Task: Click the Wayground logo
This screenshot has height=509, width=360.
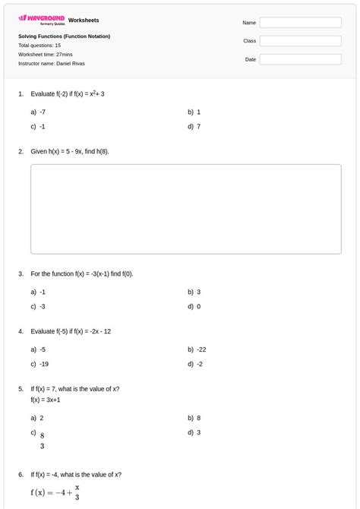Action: [41, 20]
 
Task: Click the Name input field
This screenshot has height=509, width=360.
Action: [300, 23]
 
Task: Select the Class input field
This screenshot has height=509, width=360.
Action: [300, 41]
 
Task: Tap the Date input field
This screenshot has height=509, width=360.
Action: [300, 59]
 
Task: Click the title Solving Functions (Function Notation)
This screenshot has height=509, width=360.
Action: [65, 36]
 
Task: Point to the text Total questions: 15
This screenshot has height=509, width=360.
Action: [39, 46]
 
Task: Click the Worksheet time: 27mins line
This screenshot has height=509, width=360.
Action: [45, 55]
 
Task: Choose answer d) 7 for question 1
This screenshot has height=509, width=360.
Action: [195, 127]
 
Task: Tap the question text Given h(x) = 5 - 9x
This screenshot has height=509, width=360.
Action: [70, 151]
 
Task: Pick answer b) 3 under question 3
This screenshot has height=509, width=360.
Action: [195, 292]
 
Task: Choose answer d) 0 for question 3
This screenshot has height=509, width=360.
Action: [195, 307]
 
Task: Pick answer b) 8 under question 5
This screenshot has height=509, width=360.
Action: [195, 418]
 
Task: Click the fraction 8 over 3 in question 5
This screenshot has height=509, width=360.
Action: [43, 441]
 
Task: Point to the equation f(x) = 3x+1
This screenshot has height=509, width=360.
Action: [46, 400]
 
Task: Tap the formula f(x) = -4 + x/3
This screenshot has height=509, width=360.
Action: [55, 492]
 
